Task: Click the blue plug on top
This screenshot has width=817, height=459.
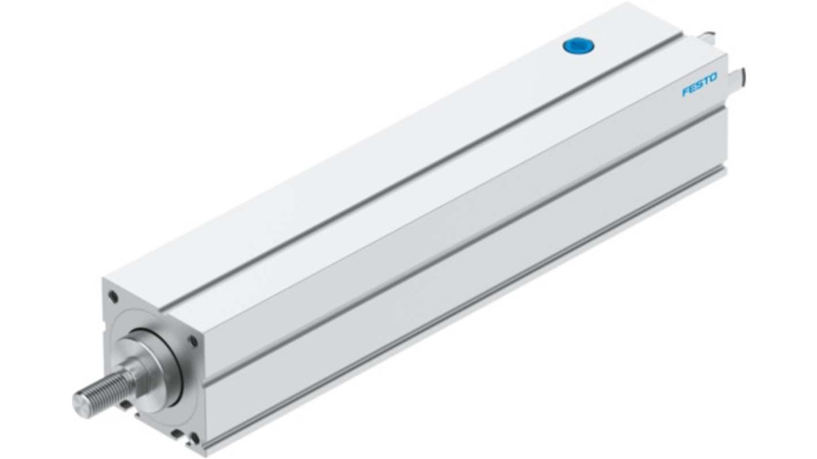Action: coord(578,47)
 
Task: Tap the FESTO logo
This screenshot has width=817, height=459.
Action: coord(700,84)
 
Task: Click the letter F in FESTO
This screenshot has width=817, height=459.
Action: coord(686,91)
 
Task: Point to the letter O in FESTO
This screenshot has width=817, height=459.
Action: coord(713,78)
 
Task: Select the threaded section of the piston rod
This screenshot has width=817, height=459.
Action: coord(106,391)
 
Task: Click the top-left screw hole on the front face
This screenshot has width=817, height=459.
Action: coord(113,296)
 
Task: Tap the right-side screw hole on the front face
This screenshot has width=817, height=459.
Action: coord(194,341)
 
